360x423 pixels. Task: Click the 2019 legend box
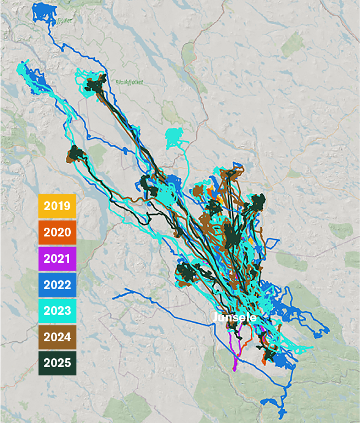[x=57, y=206]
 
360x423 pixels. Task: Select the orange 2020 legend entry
[x=57, y=232]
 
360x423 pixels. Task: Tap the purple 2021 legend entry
[x=57, y=258]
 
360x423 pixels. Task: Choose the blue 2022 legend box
[x=57, y=284]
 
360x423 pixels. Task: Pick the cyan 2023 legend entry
[x=57, y=311]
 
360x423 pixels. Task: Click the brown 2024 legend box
[x=57, y=336]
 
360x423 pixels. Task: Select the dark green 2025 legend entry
[x=57, y=363]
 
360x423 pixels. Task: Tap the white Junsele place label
[x=234, y=318]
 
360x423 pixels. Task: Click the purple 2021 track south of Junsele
[x=237, y=357]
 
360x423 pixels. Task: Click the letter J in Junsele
[x=215, y=318]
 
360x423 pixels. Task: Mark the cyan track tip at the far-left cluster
[x=22, y=68]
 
